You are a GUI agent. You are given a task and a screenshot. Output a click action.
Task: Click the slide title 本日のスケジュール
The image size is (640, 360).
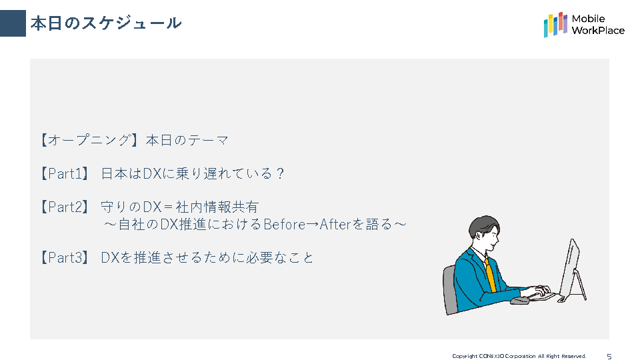click(x=106, y=23)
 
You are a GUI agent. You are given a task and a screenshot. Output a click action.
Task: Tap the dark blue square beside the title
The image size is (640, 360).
click(x=13, y=23)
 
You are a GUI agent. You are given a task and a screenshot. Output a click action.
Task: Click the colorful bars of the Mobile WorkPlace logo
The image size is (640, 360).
click(x=555, y=25)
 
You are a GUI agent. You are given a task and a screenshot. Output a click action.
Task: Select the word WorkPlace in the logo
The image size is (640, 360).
click(x=598, y=31)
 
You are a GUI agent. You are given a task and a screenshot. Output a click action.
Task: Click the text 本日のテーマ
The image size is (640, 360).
click(x=187, y=141)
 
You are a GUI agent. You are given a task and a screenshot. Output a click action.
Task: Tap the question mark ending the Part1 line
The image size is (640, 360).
click(x=279, y=174)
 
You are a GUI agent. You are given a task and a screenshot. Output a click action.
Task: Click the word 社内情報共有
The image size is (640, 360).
click(x=217, y=207)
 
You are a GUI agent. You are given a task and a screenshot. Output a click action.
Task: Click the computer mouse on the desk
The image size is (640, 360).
click(x=519, y=301)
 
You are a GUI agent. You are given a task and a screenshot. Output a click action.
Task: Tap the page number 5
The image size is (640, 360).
click(x=609, y=356)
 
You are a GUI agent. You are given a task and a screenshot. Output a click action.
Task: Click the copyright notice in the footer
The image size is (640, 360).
click(x=519, y=356)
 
